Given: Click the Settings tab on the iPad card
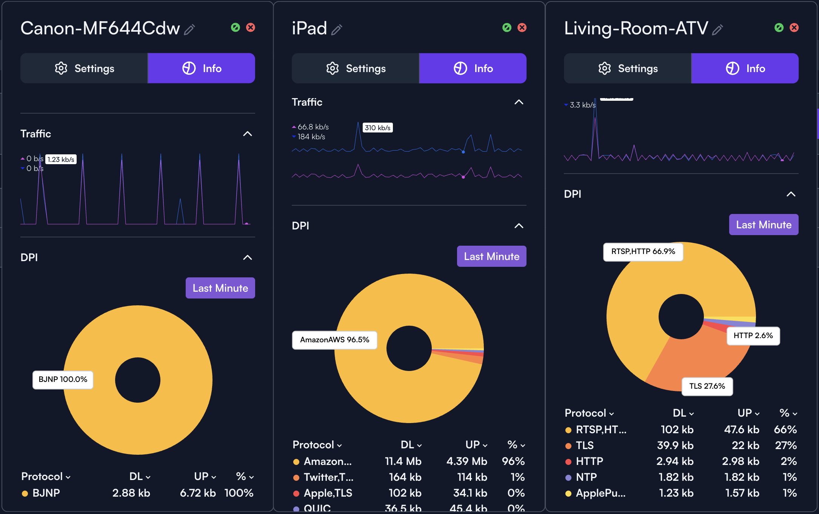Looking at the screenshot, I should tap(356, 68).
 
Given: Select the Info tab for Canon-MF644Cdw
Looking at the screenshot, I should tap(202, 68).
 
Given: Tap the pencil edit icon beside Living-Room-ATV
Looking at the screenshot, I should tap(717, 29).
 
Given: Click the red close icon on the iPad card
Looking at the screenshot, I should tap(522, 28).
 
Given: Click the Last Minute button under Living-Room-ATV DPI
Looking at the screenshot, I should tap(764, 225).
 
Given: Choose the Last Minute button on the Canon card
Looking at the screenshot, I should tap(220, 288).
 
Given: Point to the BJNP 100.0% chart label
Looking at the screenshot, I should tap(63, 379).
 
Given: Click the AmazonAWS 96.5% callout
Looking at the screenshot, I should tap(334, 340).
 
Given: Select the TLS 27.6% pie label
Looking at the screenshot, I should tap(707, 386).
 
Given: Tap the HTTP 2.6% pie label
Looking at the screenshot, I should tap(753, 335).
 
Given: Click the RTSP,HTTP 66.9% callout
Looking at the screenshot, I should tap(643, 251).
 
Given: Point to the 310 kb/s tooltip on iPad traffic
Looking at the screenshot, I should tap(377, 128).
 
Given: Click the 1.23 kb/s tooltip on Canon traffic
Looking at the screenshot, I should tap(61, 159).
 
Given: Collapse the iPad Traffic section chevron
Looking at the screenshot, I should tap(519, 102).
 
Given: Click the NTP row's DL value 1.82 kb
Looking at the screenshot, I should tap(676, 477).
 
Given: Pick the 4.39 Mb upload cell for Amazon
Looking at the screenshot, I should tap(466, 461).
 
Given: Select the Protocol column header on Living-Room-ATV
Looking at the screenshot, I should tap(589, 413).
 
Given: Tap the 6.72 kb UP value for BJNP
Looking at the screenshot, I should tap(198, 493).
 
